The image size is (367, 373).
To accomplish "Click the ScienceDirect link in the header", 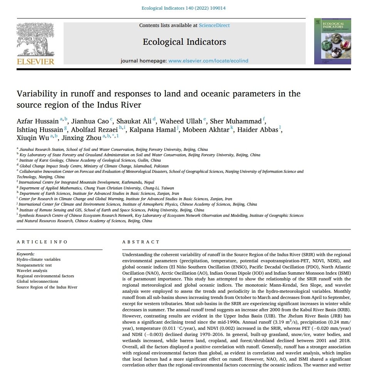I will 214,25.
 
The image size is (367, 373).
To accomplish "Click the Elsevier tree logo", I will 35,39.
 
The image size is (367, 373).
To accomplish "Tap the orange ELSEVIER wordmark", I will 35,61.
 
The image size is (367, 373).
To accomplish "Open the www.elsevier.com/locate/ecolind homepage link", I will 208,61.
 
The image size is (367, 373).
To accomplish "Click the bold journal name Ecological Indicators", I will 184,42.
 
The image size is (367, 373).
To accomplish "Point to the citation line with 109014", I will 184,8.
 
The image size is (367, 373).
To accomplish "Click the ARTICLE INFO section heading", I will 42,242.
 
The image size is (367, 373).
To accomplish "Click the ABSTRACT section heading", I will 141,242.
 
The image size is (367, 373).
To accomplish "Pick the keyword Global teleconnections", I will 38,282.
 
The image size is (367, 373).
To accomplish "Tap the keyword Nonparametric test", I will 34,265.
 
